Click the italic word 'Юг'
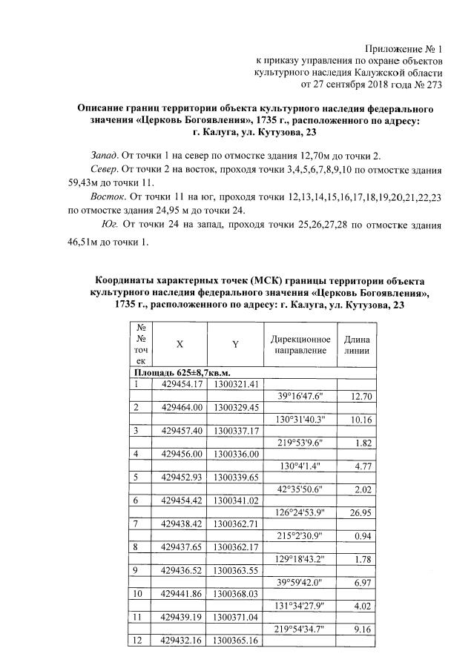tap(108, 225)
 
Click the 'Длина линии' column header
tap(357, 344)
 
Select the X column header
tap(179, 344)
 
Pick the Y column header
tap(234, 344)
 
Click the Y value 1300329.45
tap(236, 407)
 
